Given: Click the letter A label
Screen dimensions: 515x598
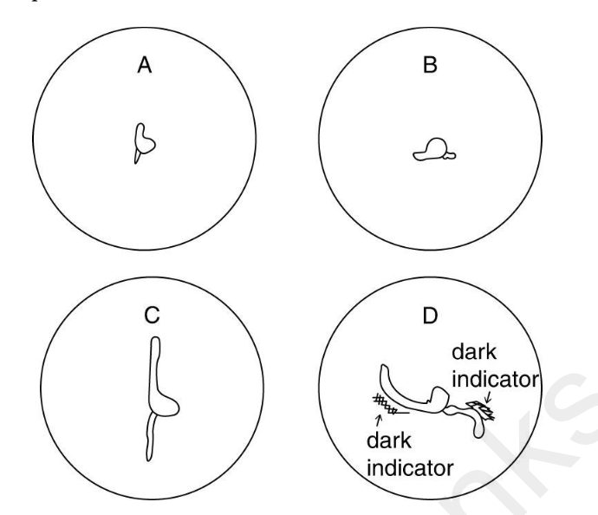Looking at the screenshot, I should tap(146, 66).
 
